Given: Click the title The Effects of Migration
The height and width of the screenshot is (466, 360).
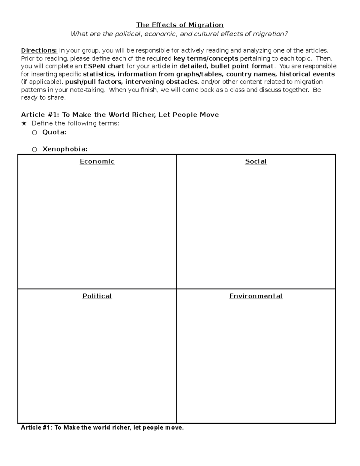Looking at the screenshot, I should coord(180,25).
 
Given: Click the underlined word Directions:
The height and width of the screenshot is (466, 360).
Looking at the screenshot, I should coord(39,50).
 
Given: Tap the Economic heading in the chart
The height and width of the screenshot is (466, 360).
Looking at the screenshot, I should coord(97,161).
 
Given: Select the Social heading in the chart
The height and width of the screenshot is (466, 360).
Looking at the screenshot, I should coord(256,161).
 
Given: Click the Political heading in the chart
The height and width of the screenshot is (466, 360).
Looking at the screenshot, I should coord(97,296).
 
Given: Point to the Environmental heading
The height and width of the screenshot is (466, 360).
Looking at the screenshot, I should coord(256,296).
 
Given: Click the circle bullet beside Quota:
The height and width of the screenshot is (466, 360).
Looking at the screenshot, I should coord(34,133).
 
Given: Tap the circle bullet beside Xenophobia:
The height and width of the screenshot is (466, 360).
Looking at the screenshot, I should coord(34,149).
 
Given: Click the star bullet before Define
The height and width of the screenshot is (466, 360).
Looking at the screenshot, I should coord(24,123).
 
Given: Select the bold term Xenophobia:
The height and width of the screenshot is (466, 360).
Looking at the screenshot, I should coord(65,149).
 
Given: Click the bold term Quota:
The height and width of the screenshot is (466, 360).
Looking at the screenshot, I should coord(54,132).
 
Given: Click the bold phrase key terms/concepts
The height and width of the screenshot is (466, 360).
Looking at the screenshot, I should coord(206,59).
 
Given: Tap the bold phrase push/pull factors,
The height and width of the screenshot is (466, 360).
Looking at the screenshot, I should coord(94,82).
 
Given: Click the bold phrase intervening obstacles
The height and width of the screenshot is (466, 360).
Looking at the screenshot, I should coord(161,82).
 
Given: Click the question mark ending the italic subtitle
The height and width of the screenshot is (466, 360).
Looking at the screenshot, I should coord(286,34).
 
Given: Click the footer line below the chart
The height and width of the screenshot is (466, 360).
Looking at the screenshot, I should coord(102,428).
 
